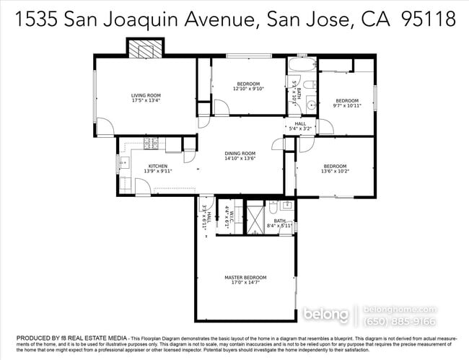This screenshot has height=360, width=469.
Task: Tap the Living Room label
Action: (x=146, y=95)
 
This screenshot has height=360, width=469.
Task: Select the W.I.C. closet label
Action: (x=229, y=214)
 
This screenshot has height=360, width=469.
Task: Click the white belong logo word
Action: (x=326, y=315)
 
